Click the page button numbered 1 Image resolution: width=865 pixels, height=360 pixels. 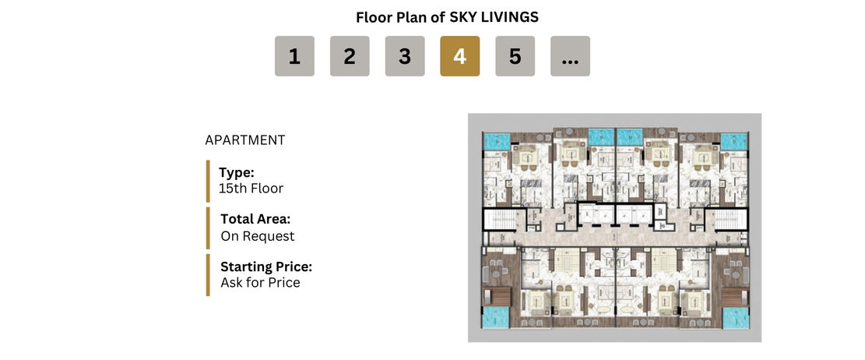click(294, 56)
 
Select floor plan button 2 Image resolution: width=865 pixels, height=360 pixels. click(350, 56)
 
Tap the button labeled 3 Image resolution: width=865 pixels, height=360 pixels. click(405, 56)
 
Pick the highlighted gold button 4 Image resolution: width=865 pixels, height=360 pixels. click(460, 56)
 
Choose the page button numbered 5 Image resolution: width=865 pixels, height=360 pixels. click(515, 56)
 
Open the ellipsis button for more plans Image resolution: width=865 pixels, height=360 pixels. click(571, 56)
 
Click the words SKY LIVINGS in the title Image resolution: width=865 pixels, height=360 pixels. click(494, 17)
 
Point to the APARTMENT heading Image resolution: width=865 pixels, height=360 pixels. click(245, 140)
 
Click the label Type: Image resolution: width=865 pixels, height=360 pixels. click(236, 172)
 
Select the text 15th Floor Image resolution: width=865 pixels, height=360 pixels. click(251, 189)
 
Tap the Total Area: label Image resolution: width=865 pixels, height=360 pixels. click(255, 219)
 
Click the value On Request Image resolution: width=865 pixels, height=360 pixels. click(258, 236)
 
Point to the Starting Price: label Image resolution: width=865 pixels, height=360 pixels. click(266, 267)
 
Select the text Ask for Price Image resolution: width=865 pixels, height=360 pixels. click(260, 283)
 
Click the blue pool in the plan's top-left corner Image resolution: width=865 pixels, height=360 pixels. click(497, 141)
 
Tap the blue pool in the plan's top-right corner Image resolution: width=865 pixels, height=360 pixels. click(733, 141)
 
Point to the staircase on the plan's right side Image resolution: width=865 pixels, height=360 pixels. click(730, 220)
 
